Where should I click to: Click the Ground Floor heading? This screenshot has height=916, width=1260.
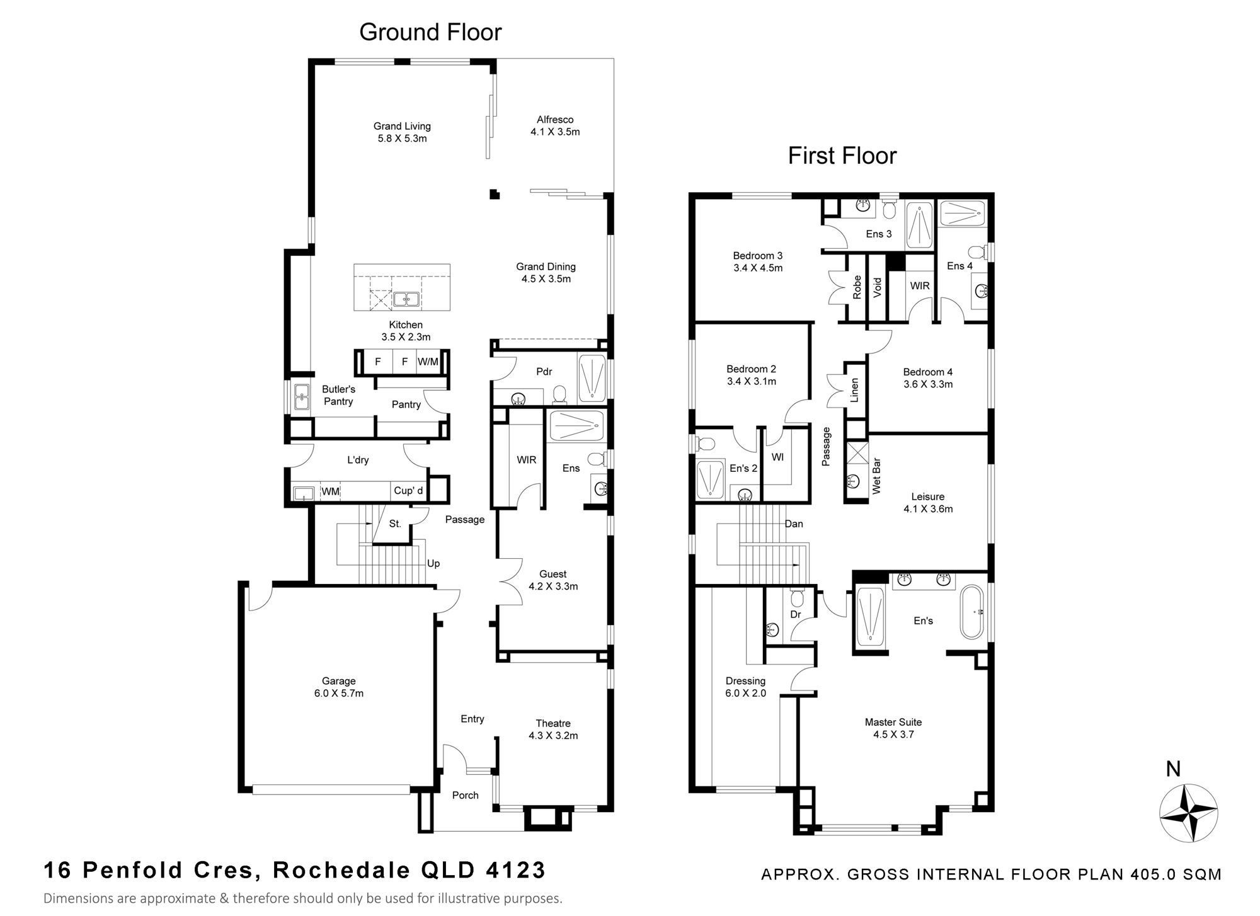click(x=430, y=32)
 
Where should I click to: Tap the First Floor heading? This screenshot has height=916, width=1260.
click(x=842, y=156)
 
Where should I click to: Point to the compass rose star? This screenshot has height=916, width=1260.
click(x=1189, y=813)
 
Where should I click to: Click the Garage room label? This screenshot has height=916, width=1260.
click(x=339, y=687)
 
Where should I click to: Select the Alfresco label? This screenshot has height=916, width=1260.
click(x=555, y=125)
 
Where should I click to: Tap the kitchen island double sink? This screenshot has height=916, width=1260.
click(x=407, y=299)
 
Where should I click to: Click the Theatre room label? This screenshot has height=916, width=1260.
click(x=553, y=730)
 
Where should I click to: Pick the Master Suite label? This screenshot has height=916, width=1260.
click(x=893, y=728)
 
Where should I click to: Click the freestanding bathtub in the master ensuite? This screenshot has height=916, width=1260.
click(x=971, y=612)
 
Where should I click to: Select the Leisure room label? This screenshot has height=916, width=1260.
click(x=928, y=503)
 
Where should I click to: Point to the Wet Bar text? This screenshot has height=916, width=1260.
click(x=876, y=476)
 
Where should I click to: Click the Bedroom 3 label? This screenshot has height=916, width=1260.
click(x=758, y=261)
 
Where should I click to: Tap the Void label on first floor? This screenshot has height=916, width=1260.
click(x=878, y=288)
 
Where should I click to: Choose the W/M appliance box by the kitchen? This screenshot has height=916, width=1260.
click(x=428, y=362)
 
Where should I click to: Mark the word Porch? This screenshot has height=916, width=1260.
click(x=466, y=795)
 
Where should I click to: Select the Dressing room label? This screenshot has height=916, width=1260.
click(x=746, y=687)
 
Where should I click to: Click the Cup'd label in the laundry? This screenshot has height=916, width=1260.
click(x=408, y=491)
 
